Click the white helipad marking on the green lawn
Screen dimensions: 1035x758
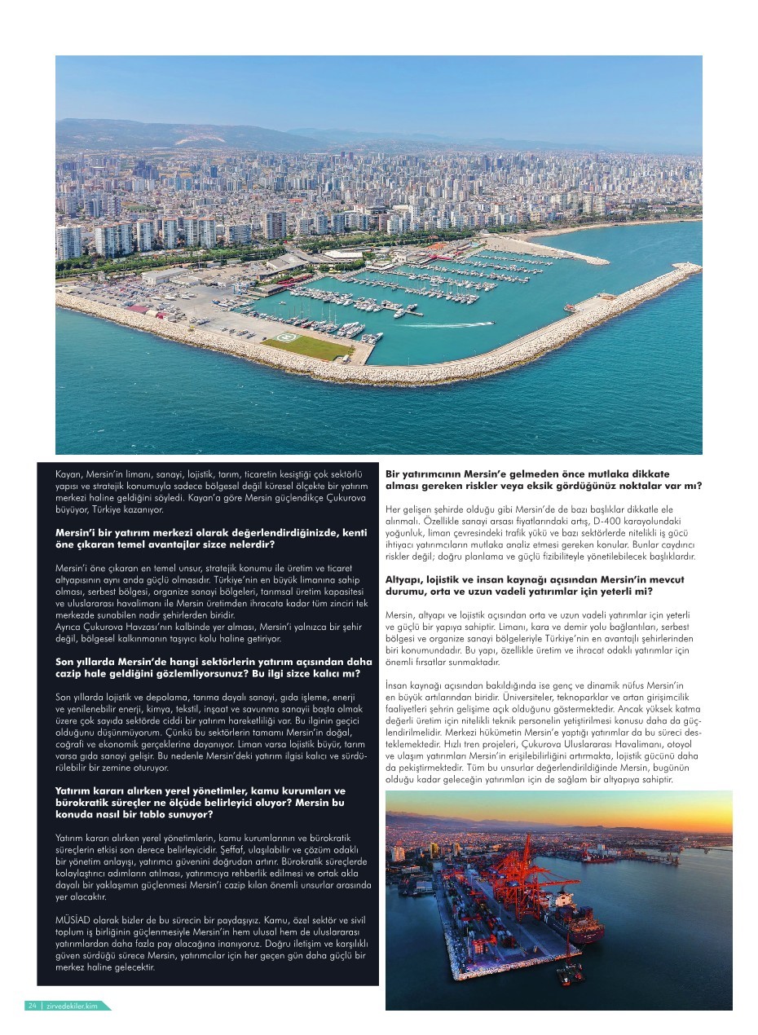(x=286, y=337)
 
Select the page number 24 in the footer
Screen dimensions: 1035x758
(x=33, y=1006)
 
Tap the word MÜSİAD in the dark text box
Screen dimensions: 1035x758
(x=71, y=920)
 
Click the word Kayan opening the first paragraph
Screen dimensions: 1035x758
(x=69, y=473)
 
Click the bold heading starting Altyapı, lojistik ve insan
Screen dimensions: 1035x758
(x=534, y=585)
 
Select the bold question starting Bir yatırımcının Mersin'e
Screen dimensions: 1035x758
(x=543, y=479)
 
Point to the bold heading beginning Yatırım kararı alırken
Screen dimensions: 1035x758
(x=200, y=802)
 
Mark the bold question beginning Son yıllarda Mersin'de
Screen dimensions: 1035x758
(x=213, y=667)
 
